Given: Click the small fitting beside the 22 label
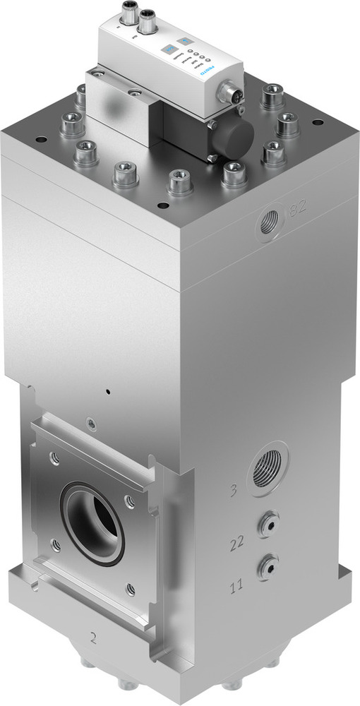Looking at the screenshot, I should (x=267, y=523).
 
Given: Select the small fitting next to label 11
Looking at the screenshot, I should (x=267, y=566).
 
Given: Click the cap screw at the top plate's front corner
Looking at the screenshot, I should (x=179, y=182).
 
